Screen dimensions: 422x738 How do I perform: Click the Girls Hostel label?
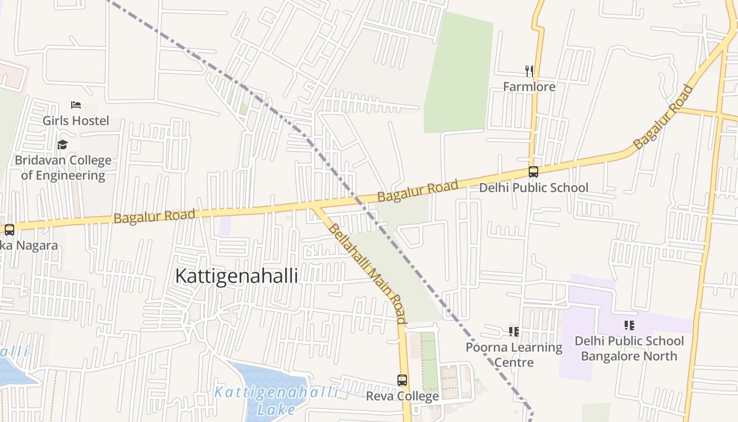[76, 121]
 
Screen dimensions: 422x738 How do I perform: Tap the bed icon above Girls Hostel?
[76, 105]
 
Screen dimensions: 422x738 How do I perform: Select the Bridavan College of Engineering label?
[63, 168]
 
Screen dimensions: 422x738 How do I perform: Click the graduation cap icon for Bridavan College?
[63, 145]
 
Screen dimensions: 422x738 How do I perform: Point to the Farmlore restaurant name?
[529, 87]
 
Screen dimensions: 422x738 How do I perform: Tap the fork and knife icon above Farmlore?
[529, 71]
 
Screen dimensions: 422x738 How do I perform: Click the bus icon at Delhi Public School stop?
[533, 172]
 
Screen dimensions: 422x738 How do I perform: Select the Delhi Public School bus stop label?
[533, 188]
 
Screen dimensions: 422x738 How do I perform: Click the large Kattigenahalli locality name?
[236, 276]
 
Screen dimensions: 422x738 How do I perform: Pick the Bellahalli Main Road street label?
[367, 273]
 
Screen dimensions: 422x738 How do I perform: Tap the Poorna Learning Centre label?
[514, 354]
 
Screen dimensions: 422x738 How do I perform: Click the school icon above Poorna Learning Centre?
[514, 332]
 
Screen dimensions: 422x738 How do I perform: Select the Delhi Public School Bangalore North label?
[629, 348]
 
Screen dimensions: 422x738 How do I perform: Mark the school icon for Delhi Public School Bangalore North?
[629, 325]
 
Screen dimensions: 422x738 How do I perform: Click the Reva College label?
[402, 396]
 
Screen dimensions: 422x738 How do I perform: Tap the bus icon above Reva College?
[402, 380]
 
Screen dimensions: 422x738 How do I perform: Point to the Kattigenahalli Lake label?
[276, 400]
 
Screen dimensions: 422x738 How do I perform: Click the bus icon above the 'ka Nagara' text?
[9, 230]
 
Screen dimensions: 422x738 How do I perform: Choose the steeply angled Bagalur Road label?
[663, 117]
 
